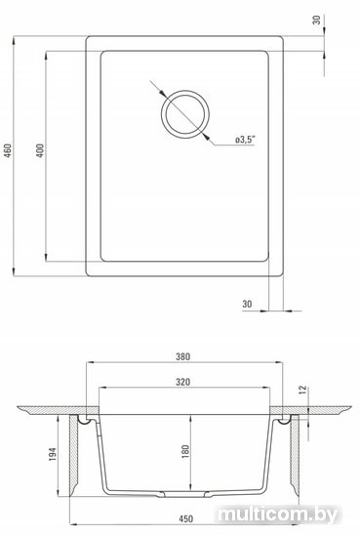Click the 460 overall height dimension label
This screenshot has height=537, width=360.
(x=8, y=150)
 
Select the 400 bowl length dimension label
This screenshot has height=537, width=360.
(x=40, y=150)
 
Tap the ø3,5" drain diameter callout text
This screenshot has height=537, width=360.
(x=246, y=140)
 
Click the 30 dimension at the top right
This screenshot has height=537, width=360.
(x=317, y=20)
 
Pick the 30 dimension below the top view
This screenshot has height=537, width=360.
(x=247, y=304)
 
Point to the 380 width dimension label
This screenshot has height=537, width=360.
(x=183, y=356)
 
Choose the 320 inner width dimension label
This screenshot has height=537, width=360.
(x=183, y=382)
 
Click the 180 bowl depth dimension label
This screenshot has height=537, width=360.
(x=185, y=452)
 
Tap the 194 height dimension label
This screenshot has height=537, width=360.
(x=53, y=454)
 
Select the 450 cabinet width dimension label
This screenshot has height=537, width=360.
(x=185, y=518)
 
